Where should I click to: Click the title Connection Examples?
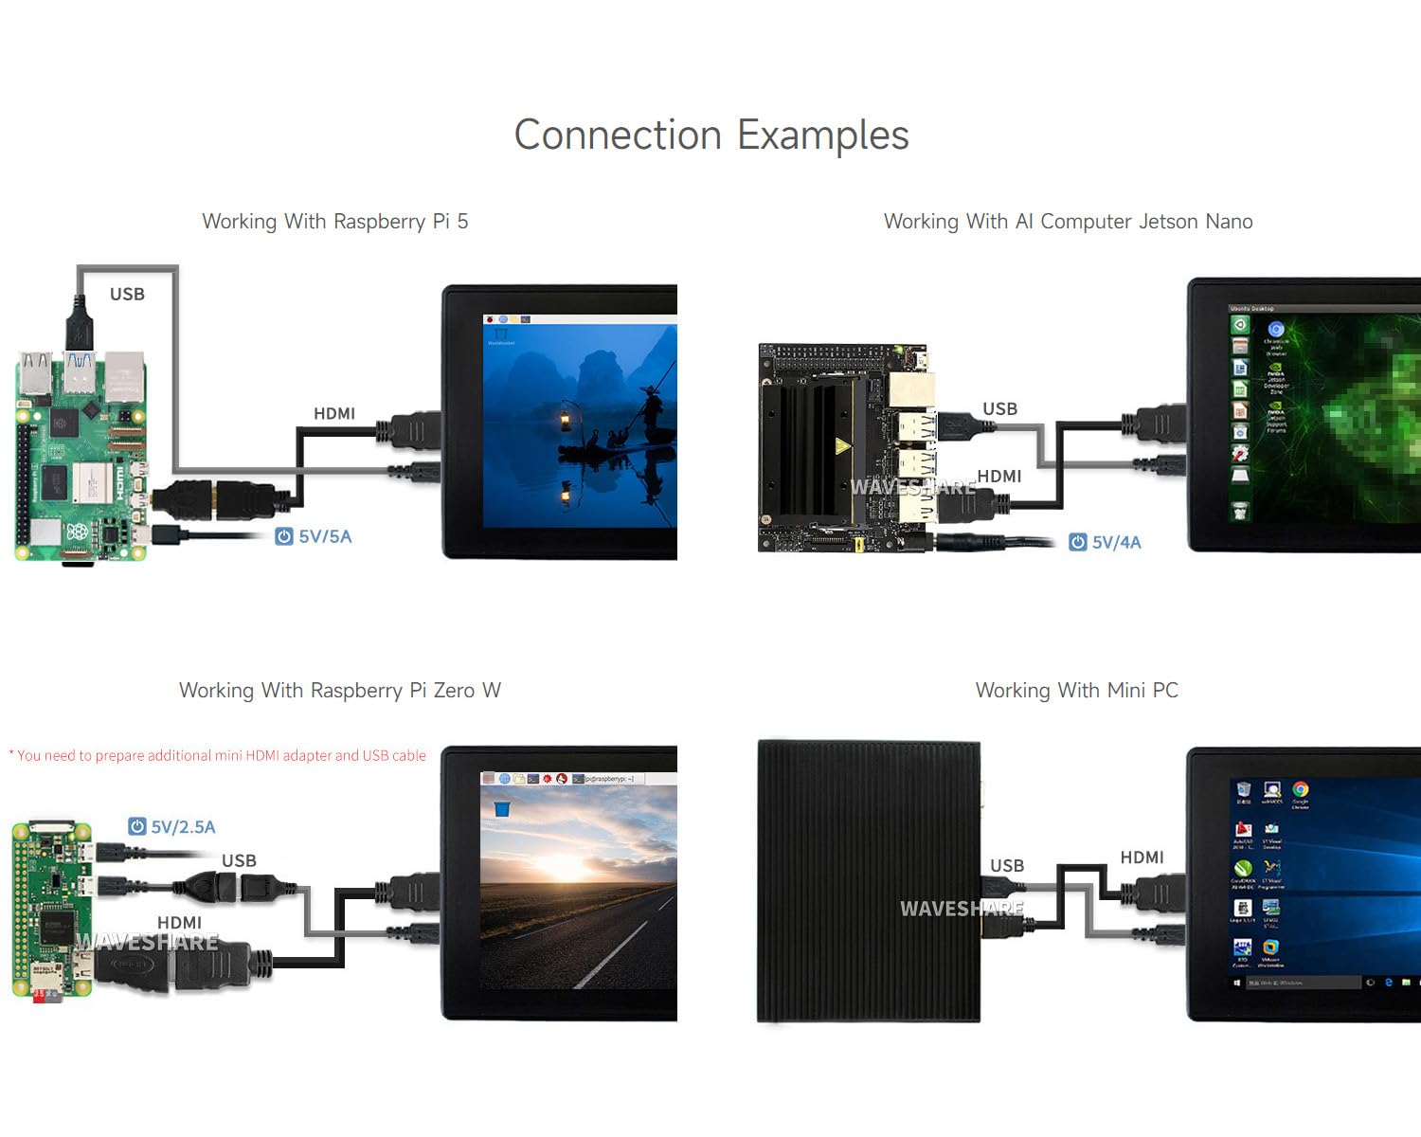pyautogui.click(x=710, y=135)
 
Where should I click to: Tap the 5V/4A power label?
pyautogui.click(x=1106, y=542)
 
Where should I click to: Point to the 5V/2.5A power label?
pyautogui.click(x=172, y=827)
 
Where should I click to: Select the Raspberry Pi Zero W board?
pyautogui.click(x=53, y=910)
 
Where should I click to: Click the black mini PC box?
pyautogui.click(x=868, y=881)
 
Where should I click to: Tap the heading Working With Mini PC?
pyautogui.click(x=1077, y=690)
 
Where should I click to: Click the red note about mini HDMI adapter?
pyautogui.click(x=218, y=755)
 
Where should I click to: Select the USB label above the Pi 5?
pyautogui.click(x=127, y=294)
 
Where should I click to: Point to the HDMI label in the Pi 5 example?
pyautogui.click(x=334, y=413)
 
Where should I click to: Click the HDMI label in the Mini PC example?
pyautogui.click(x=1142, y=857)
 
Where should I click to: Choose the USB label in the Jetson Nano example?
pyautogui.click(x=999, y=408)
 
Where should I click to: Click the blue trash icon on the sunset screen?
pyautogui.click(x=502, y=808)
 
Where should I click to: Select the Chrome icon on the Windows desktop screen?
pyautogui.click(x=1301, y=790)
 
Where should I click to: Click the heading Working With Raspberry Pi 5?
pyautogui.click(x=334, y=221)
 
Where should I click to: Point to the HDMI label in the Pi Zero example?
pyautogui.click(x=179, y=922)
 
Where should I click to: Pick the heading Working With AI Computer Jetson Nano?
pyautogui.click(x=1068, y=221)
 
